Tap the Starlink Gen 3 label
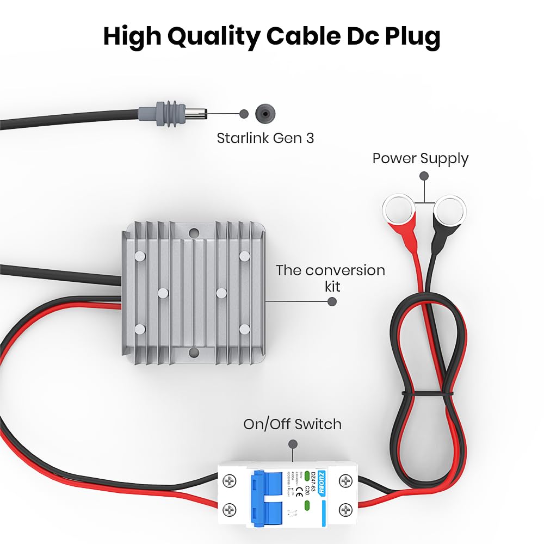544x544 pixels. point(265,138)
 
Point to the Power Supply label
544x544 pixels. point(420,158)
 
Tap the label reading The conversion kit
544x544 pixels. point(330,277)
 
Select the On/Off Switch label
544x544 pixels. point(293,424)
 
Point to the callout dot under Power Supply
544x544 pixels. point(424,176)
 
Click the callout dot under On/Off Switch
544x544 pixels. point(294,443)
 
